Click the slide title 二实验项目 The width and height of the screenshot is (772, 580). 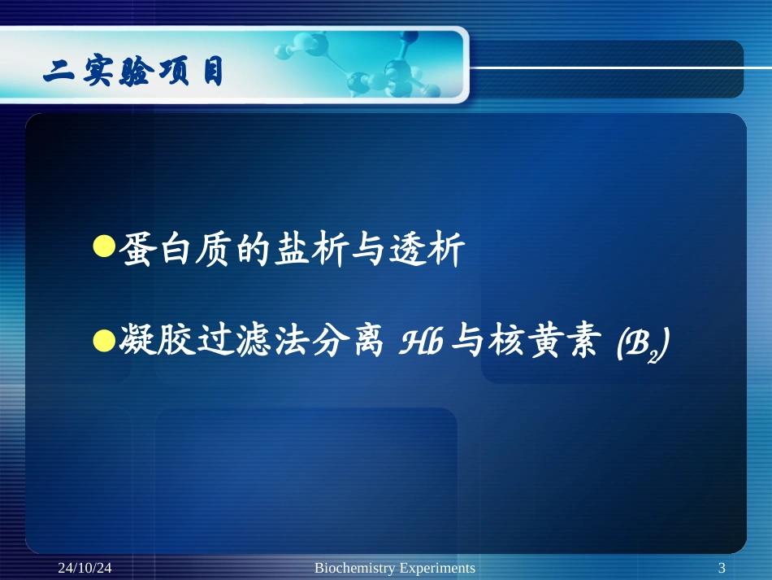(134, 74)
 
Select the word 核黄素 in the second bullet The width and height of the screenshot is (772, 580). (540, 344)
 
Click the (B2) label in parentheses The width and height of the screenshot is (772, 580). (641, 347)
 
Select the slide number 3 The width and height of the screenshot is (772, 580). (722, 568)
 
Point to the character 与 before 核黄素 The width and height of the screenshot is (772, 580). (463, 344)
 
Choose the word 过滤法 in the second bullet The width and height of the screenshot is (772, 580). (252, 344)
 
